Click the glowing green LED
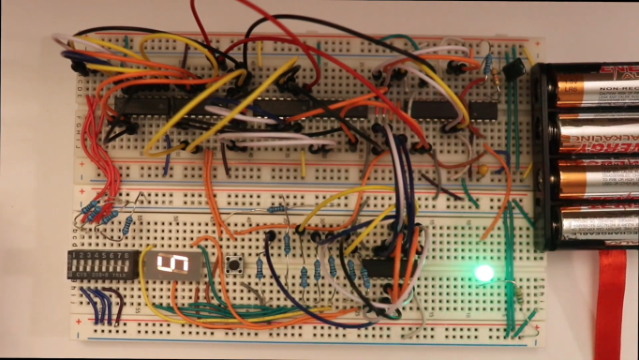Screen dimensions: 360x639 [x=483, y=273]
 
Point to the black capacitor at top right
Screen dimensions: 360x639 [x=513, y=69]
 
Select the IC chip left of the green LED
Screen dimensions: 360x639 [x=379, y=266]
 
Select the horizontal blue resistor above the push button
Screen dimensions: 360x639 [x=278, y=209]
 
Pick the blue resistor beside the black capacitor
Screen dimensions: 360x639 [x=487, y=64]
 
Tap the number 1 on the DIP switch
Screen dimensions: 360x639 [x=74, y=254]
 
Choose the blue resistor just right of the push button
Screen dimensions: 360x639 [x=260, y=269]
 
